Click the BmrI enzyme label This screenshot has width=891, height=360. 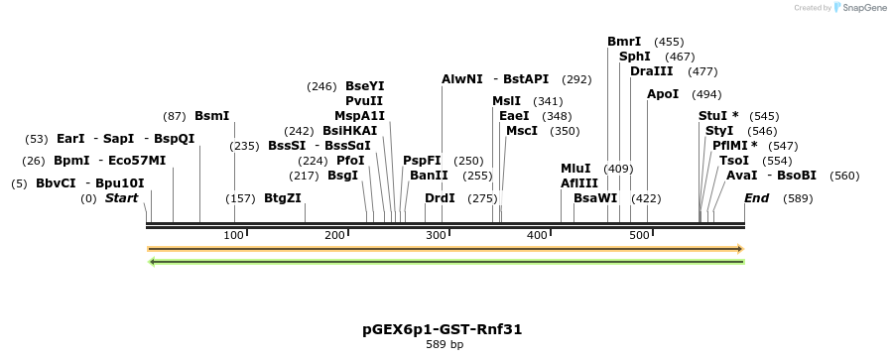624,42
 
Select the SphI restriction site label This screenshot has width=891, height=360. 634,57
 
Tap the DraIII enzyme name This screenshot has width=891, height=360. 651,71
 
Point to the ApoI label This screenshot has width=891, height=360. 663,94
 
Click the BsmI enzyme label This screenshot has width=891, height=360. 211,116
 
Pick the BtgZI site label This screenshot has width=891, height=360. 282,198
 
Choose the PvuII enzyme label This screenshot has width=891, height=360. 364,100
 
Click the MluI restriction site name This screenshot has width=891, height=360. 575,169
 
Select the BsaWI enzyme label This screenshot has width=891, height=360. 595,198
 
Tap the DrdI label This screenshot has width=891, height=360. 439,198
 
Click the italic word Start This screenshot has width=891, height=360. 121,198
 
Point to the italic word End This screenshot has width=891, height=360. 756,198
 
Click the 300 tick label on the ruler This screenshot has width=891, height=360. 436,235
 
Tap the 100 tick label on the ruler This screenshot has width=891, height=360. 233,235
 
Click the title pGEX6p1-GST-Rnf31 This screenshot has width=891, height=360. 444,328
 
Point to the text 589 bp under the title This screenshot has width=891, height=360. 444,345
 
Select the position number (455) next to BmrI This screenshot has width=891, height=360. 670,42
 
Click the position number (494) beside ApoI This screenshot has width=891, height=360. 706,94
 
